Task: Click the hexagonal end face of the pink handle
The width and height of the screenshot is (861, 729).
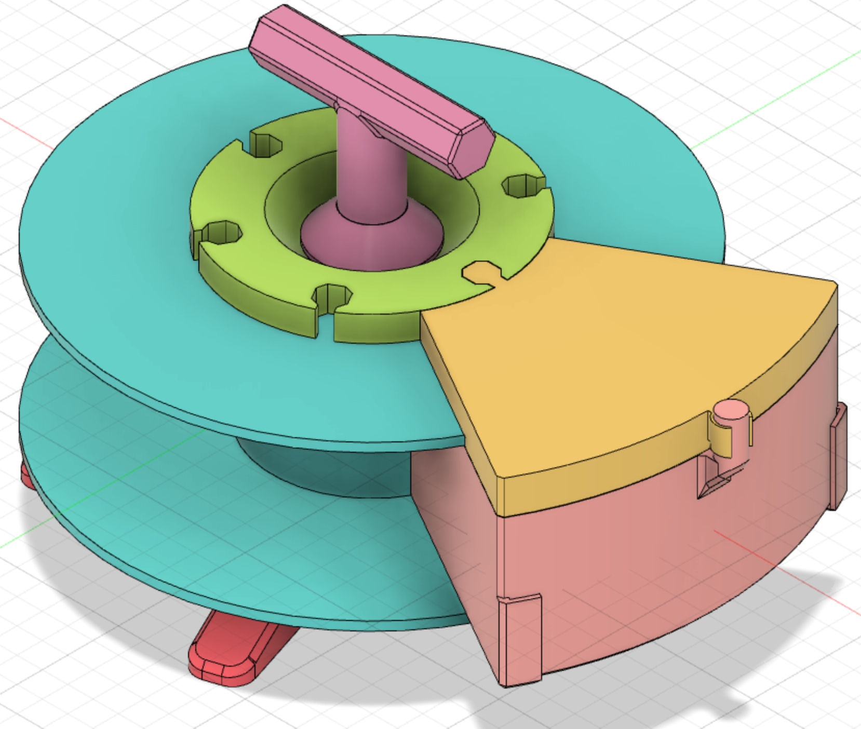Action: [x=473, y=151]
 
